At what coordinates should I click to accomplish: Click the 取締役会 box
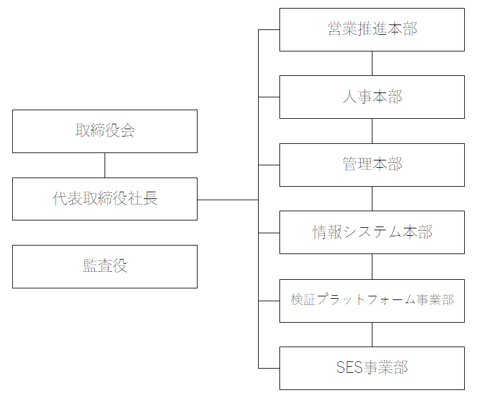[x=105, y=131]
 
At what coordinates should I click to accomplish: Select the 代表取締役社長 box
[x=105, y=199]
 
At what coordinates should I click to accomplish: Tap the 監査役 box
[x=105, y=266]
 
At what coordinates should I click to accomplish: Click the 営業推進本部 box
[x=372, y=29]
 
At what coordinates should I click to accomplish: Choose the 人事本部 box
[x=372, y=97]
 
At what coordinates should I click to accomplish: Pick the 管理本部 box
[x=372, y=165]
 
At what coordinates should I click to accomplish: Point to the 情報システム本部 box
[x=372, y=233]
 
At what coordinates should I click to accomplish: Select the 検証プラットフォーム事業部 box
[x=372, y=301]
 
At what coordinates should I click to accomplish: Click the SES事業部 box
[x=372, y=368]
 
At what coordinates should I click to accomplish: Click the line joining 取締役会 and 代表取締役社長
[x=105, y=165]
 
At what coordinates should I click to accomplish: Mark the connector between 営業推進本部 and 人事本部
[x=372, y=63]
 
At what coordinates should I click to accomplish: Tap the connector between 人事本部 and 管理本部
[x=372, y=131]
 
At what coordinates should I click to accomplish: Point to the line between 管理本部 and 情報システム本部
[x=372, y=199]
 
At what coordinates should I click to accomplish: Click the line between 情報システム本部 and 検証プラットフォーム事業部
[x=372, y=266]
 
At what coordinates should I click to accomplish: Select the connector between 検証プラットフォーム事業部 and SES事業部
[x=372, y=334]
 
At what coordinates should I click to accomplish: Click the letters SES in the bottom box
[x=349, y=368]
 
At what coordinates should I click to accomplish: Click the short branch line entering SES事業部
[x=269, y=368]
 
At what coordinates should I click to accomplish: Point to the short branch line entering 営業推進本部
[x=269, y=29]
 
